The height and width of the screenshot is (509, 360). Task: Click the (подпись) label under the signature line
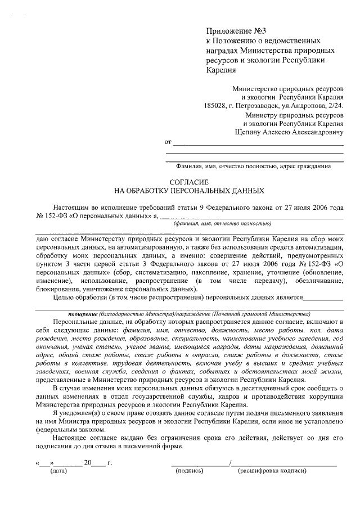coord(190,470)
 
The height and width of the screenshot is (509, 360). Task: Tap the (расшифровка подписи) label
coord(272,470)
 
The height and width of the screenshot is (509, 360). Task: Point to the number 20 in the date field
coord(87,462)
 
